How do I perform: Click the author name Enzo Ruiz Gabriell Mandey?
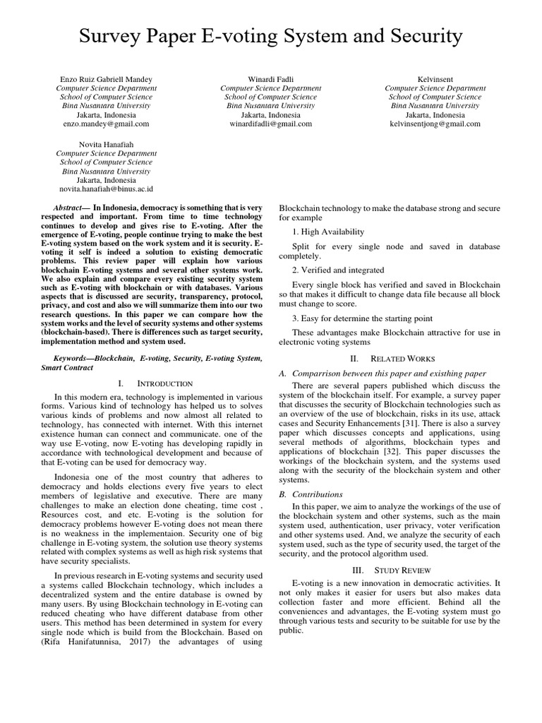(106, 79)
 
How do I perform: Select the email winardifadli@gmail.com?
(271, 124)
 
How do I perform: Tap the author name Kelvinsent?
(435, 79)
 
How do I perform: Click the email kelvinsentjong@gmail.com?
(435, 124)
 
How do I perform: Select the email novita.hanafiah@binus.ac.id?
(106, 189)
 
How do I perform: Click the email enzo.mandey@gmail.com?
(106, 124)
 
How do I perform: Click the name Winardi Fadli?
(271, 79)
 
